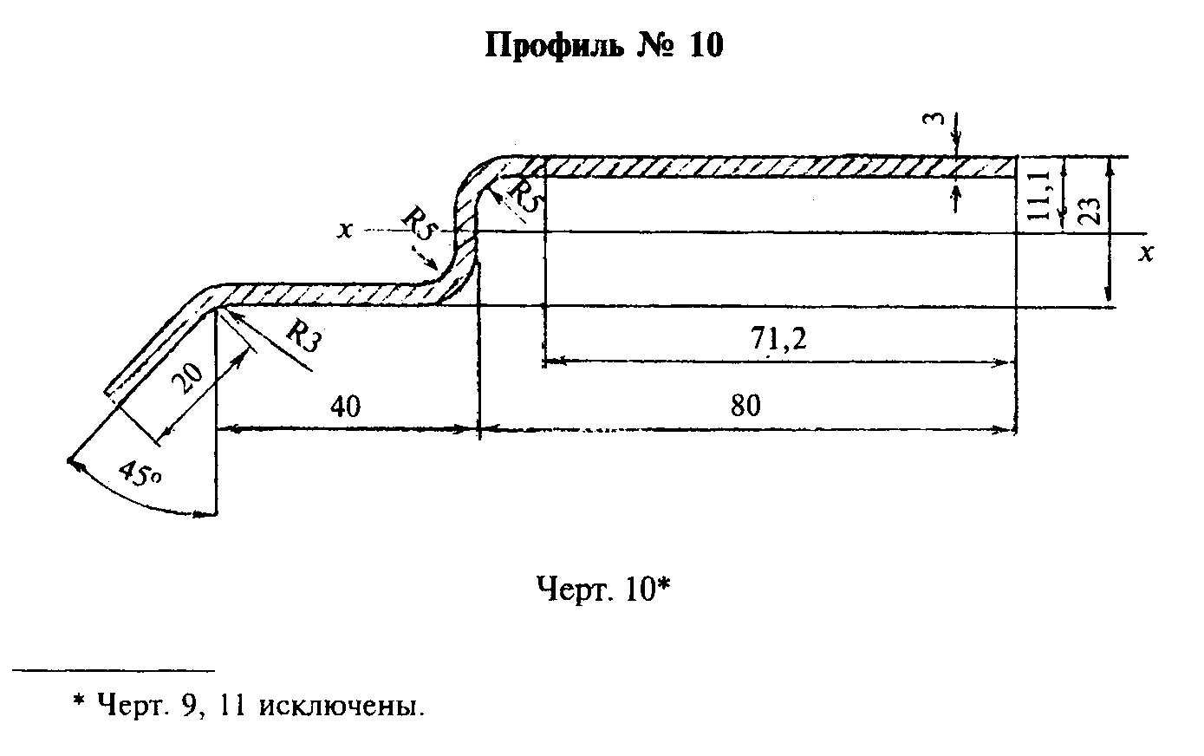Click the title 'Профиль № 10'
point(604,45)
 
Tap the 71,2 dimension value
point(779,339)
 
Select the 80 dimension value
point(745,406)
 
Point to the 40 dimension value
point(345,406)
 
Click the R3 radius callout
point(304,336)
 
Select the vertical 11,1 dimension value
point(1039,195)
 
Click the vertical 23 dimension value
point(1090,210)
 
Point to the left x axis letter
point(344,230)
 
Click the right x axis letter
point(1147,252)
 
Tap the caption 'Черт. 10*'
point(604,589)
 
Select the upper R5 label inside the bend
point(526,196)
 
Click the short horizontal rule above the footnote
point(114,670)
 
